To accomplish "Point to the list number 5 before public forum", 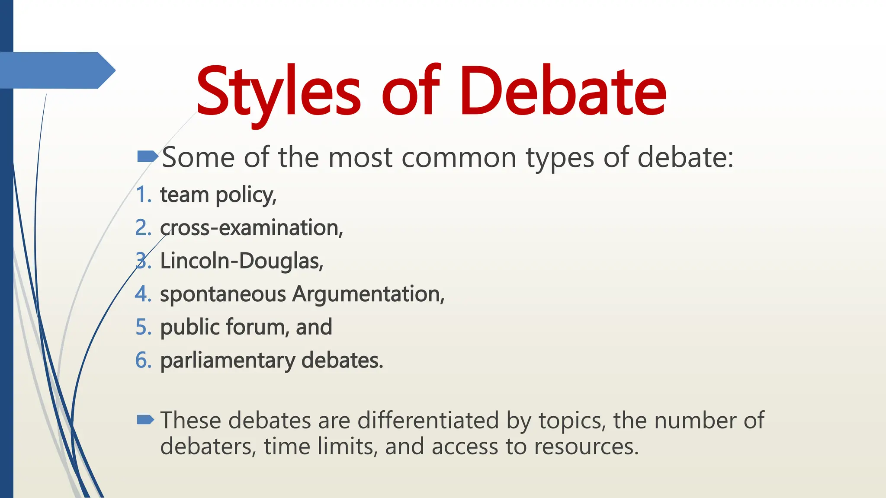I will coord(143,327).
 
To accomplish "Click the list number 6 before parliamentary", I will coord(143,361).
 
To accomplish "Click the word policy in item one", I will coord(246,195).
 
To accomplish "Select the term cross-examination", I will coord(251,228).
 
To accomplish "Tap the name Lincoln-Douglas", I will coord(241,261).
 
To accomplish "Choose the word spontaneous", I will coord(223,295).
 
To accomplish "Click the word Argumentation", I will coord(368,295).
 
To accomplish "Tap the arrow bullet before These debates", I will coord(145,420).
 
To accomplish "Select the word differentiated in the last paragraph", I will coord(428,420).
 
